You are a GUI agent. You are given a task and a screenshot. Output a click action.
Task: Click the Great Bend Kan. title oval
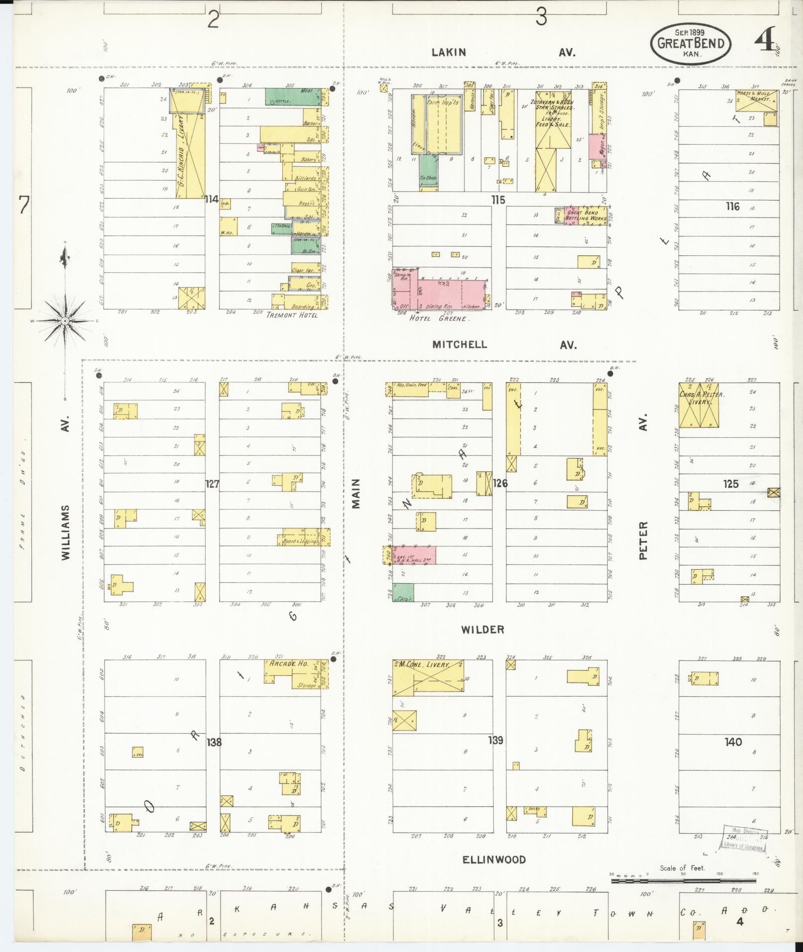690,43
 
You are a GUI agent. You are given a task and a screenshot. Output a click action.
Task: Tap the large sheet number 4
766,39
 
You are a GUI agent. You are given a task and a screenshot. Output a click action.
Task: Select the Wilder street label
482,629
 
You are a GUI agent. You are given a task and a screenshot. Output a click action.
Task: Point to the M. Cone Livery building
429,678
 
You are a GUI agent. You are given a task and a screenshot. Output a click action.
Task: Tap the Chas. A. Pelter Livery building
699,405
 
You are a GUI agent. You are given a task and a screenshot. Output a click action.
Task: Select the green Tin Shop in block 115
428,172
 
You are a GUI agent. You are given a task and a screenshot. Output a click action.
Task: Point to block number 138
214,742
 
